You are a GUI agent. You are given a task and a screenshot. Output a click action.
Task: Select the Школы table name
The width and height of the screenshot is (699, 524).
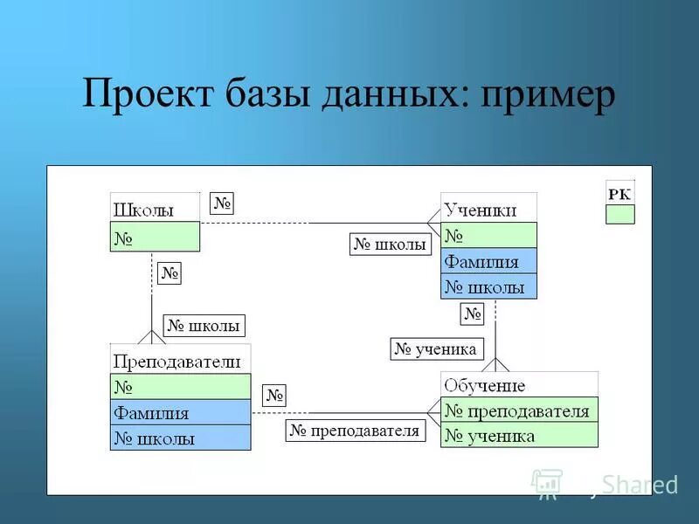click(143, 210)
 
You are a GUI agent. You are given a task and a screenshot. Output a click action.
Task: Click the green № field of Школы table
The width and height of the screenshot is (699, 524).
click(155, 237)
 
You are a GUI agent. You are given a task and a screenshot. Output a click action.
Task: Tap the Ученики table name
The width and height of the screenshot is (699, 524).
click(480, 210)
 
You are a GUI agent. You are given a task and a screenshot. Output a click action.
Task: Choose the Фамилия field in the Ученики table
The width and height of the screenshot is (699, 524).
click(488, 261)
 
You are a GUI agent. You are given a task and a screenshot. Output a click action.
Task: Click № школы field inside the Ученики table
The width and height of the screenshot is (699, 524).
click(488, 286)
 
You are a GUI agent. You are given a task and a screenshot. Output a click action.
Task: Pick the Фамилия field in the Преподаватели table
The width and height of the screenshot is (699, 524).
click(180, 412)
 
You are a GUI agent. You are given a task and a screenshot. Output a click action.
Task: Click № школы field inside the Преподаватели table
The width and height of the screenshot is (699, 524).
click(180, 438)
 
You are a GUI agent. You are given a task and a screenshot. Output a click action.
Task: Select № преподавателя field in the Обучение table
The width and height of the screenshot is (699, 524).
click(519, 410)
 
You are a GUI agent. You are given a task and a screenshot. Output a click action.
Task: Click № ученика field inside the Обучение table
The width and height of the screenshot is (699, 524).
click(519, 435)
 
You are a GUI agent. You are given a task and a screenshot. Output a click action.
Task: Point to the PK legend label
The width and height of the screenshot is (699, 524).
click(619, 194)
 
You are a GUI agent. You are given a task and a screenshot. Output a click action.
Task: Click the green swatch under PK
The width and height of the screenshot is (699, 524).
click(620, 215)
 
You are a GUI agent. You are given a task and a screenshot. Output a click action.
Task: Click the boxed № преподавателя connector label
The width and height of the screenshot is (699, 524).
click(355, 431)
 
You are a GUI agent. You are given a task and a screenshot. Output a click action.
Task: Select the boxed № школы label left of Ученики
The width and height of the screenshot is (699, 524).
click(391, 245)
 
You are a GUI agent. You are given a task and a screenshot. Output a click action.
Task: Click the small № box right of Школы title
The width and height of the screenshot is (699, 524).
click(222, 203)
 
